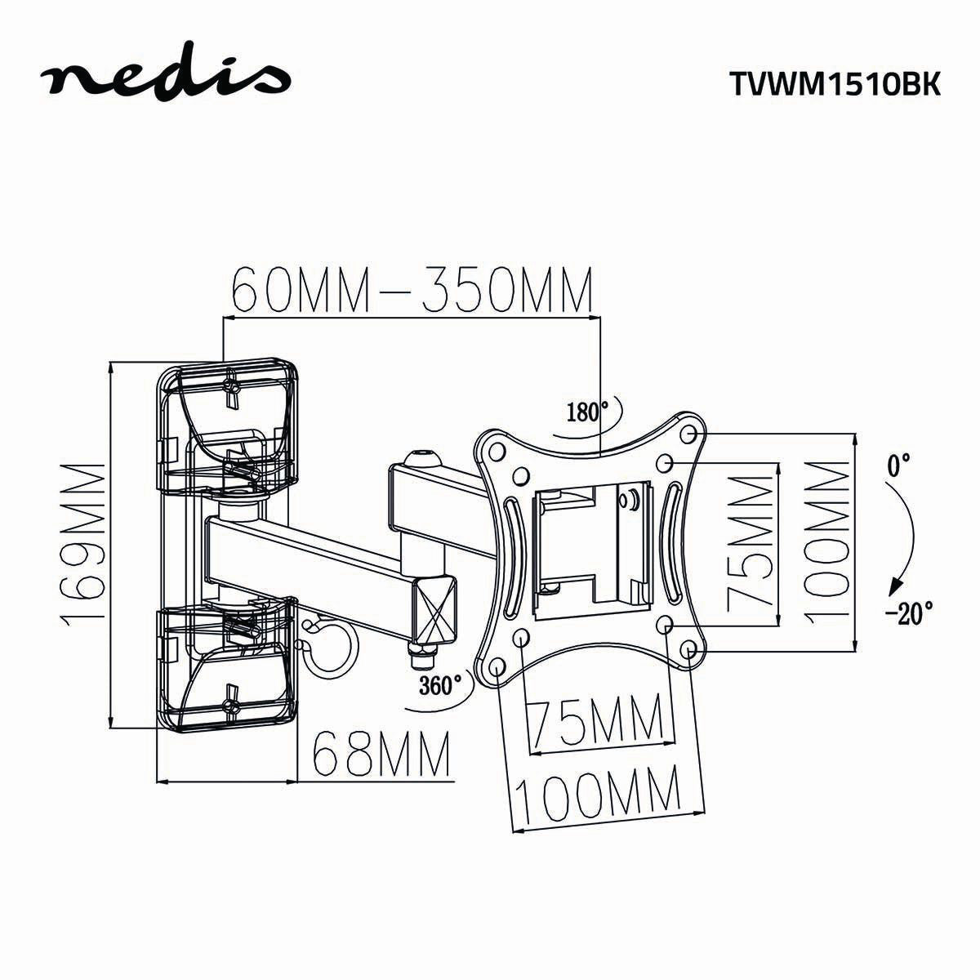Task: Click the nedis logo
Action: coord(167,79)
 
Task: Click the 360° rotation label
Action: coord(440,684)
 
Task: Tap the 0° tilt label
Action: coord(898,466)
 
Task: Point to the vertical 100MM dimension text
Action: coord(826,541)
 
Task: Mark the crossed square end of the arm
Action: coord(436,609)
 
